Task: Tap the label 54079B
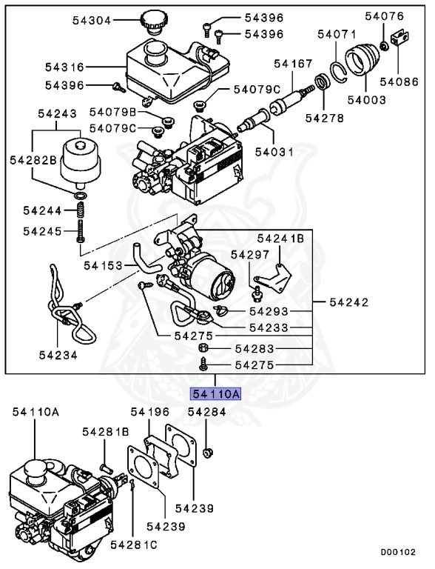[x=113, y=113]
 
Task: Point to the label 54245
[x=42, y=231]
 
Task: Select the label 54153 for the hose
[x=103, y=264]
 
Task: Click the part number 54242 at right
[x=348, y=302]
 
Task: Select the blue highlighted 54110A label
[x=215, y=394]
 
